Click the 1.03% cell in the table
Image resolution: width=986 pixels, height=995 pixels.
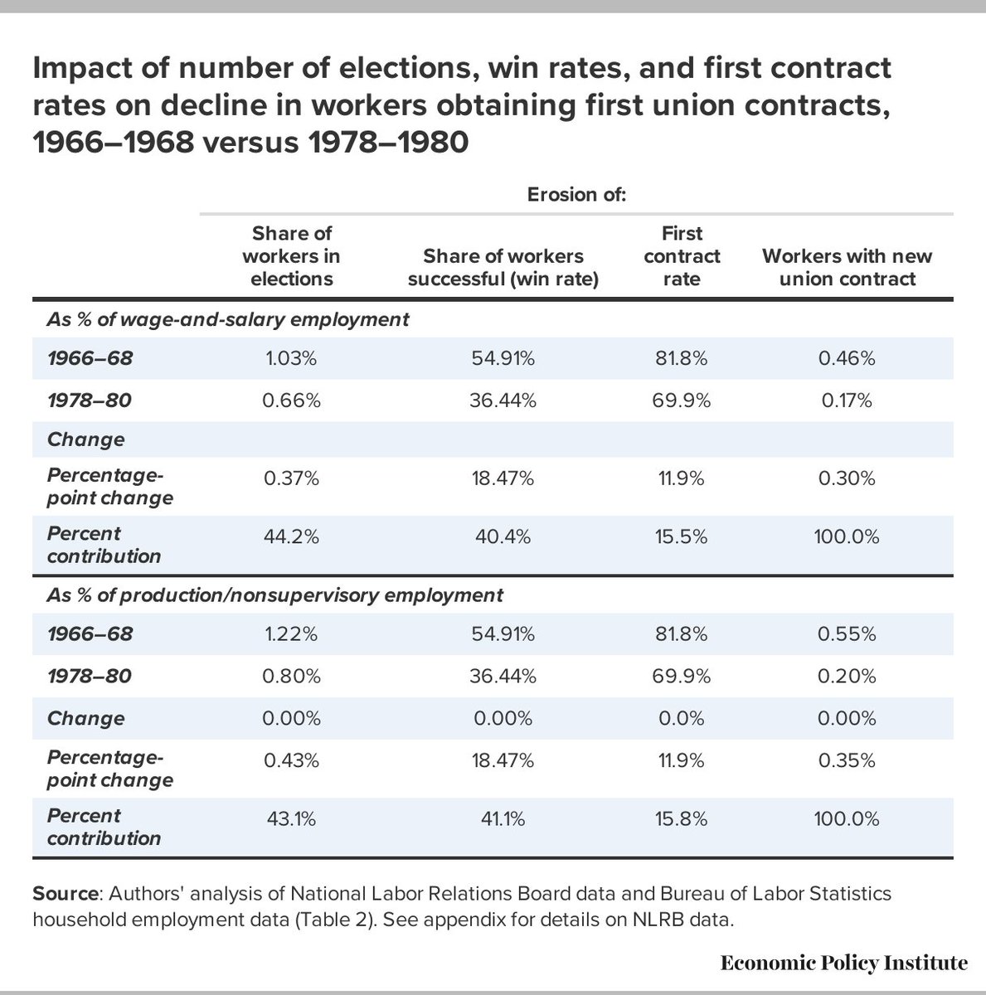291,359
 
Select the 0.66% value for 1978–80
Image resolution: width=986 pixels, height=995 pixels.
291,401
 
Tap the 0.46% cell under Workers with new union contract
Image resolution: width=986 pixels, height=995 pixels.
847,359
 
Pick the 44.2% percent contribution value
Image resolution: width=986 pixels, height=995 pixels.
291,536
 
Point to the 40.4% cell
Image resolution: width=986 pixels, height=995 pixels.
504,536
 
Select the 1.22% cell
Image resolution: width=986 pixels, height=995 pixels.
291,634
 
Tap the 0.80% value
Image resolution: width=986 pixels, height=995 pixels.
291,677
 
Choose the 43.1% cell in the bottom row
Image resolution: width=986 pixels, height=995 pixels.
291,819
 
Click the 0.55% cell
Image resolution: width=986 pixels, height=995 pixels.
847,634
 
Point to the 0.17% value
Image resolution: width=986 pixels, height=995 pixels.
847,401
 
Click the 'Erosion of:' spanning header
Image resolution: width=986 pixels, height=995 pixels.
576,195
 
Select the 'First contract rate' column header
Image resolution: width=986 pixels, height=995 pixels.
682,256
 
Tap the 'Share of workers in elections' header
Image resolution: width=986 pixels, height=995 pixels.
291,256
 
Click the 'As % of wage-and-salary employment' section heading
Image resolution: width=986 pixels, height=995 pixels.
227,319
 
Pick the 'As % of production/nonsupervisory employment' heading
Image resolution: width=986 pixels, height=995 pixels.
274,595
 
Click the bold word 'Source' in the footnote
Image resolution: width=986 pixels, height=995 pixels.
65,895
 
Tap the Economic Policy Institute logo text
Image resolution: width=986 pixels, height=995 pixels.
843,963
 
